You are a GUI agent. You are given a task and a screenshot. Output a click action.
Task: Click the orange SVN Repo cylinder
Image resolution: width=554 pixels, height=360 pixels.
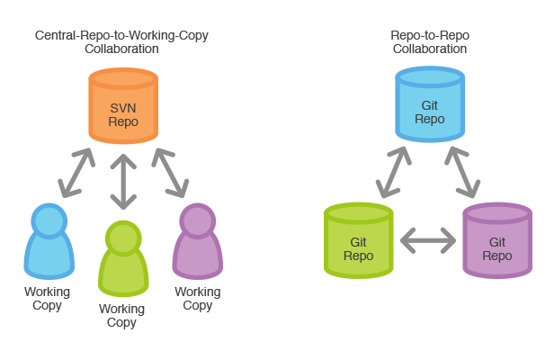(x=123, y=106)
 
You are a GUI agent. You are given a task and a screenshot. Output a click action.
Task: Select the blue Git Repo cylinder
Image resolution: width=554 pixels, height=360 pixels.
(x=430, y=105)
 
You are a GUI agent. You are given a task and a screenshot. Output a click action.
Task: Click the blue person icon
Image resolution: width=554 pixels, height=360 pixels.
(x=49, y=242)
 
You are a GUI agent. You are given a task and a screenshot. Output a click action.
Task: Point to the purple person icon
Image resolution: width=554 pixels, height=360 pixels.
(x=197, y=242)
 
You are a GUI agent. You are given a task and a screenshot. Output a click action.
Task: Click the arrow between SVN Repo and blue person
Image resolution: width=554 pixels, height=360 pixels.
(x=76, y=173)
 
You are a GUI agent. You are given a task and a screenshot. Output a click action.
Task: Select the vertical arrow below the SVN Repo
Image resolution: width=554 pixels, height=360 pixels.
(x=123, y=181)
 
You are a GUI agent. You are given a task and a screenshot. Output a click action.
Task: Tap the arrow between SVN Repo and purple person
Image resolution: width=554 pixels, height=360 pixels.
(x=170, y=173)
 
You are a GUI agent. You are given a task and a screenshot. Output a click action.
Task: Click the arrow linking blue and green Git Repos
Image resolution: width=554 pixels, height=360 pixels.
(x=394, y=172)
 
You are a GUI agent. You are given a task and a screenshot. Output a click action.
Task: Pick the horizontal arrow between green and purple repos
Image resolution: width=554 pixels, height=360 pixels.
(x=428, y=239)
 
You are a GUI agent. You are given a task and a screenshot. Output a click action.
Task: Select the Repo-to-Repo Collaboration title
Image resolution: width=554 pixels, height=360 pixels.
(x=430, y=42)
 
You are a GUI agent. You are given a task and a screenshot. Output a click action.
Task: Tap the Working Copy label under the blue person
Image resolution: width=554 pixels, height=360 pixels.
(x=47, y=299)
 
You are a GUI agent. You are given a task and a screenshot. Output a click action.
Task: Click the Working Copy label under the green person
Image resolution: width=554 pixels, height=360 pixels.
(x=121, y=316)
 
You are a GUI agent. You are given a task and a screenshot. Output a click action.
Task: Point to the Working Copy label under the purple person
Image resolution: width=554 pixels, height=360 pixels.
(x=197, y=299)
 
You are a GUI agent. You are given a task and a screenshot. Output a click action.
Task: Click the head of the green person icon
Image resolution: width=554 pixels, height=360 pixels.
(x=121, y=237)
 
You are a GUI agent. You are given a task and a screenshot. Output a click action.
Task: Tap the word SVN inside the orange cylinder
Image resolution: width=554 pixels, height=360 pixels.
(x=123, y=107)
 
